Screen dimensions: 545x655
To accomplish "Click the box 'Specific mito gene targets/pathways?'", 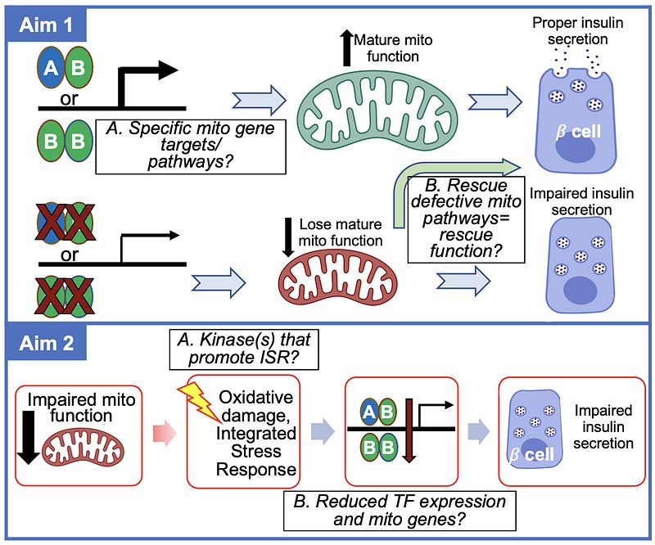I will tap(190, 146).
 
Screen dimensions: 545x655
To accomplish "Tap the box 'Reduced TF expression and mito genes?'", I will tap(399, 509).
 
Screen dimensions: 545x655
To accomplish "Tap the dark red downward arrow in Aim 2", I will tap(411, 433).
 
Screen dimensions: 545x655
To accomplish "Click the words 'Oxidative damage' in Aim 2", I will tap(255, 407).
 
